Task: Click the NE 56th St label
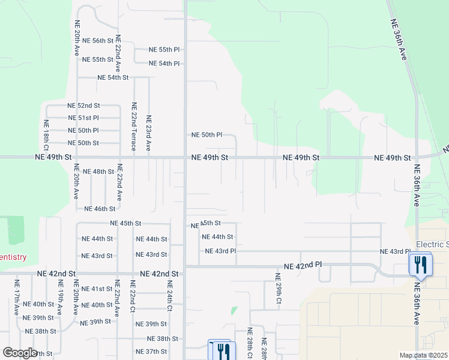(x=98, y=41)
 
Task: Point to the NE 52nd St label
(x=84, y=106)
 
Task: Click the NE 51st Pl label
(x=83, y=118)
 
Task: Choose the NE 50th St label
(x=83, y=143)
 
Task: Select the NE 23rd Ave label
(x=148, y=133)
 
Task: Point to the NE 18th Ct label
(x=46, y=136)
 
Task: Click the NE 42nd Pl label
(x=303, y=265)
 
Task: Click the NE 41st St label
(x=97, y=289)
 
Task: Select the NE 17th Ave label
(x=17, y=296)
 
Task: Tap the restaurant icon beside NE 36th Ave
(x=420, y=265)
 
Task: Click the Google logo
(x=20, y=353)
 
